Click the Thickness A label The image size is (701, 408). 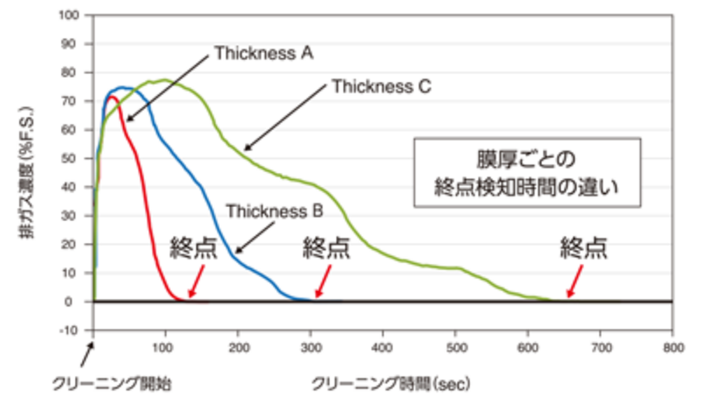pos(264,54)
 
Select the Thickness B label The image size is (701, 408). pos(274,211)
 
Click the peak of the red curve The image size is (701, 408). pos(112,97)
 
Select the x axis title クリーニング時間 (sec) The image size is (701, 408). pos(391,385)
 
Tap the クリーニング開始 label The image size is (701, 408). pos(111,385)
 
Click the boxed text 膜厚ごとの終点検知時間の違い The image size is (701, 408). pos(527,173)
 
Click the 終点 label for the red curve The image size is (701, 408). pos(194,249)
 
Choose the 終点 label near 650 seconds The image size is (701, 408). pos(584,249)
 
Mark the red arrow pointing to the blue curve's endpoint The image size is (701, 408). pos(324,282)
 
